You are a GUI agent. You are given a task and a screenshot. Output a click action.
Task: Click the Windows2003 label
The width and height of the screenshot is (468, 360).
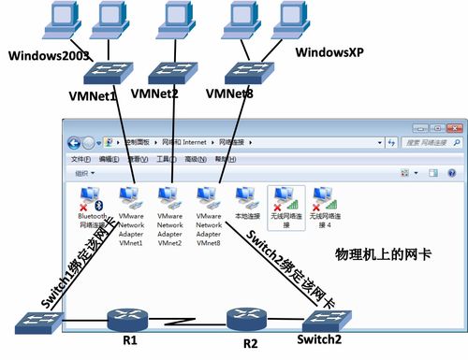(49, 55)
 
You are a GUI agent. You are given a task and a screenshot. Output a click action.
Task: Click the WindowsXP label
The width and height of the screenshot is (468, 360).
(330, 50)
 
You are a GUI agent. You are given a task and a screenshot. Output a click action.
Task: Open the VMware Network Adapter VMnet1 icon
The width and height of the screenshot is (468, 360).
(131, 198)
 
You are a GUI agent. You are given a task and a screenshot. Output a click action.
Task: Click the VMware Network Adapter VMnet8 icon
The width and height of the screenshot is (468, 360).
(209, 198)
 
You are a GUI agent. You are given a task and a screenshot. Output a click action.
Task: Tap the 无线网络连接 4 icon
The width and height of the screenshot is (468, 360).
(323, 198)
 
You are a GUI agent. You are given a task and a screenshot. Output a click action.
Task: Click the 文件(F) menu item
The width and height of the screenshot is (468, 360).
(81, 159)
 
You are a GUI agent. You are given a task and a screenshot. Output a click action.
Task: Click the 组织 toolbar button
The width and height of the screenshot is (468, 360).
(82, 174)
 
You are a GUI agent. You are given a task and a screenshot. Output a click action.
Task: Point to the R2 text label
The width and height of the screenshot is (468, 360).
(250, 343)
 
